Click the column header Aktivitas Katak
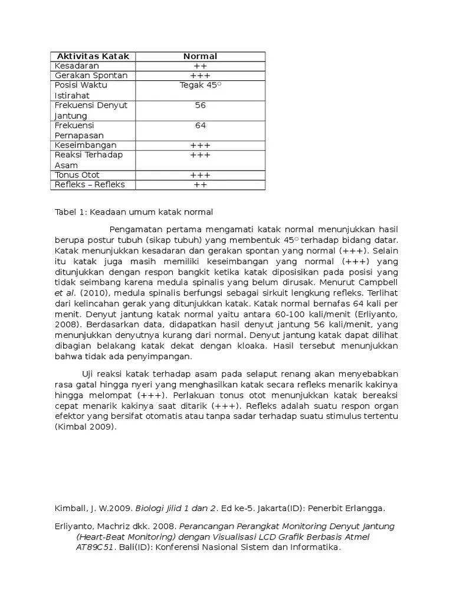(92, 56)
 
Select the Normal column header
(200, 56)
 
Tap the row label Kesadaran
(77, 66)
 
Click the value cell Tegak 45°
(200, 85)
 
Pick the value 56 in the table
(200, 105)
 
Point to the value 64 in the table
(200, 125)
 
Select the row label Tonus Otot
(77, 175)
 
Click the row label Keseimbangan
(86, 145)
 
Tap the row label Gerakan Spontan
(91, 76)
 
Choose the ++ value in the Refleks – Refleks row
(200, 185)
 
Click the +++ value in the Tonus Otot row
(200, 175)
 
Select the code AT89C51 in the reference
(96, 547)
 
